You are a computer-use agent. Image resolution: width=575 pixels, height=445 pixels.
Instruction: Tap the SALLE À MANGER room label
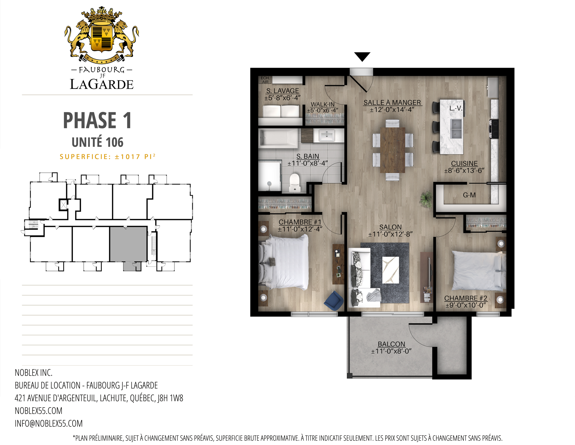[392, 103]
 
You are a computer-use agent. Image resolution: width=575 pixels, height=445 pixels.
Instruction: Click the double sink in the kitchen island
[456, 129]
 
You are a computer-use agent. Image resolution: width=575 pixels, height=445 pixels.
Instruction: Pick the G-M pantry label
[469, 195]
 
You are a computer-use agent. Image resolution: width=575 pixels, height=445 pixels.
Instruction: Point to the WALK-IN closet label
[323, 104]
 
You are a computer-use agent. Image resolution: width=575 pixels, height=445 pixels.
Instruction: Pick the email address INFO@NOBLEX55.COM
[49, 423]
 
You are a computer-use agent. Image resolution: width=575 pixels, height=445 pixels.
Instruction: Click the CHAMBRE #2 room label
[465, 298]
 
